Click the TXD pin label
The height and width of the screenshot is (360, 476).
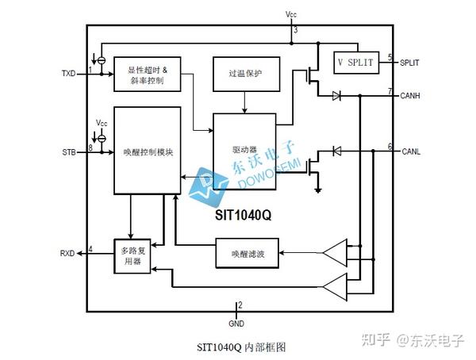68,73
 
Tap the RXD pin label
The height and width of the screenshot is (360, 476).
67,254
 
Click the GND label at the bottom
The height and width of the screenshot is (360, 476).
236,324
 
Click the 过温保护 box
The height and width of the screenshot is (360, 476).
244,74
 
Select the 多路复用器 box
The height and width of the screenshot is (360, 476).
132,255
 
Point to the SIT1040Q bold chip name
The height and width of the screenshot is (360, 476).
244,215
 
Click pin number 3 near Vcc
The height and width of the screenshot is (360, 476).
295,30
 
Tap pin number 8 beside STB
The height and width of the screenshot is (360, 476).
90,147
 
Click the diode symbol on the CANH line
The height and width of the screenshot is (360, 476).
336,96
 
